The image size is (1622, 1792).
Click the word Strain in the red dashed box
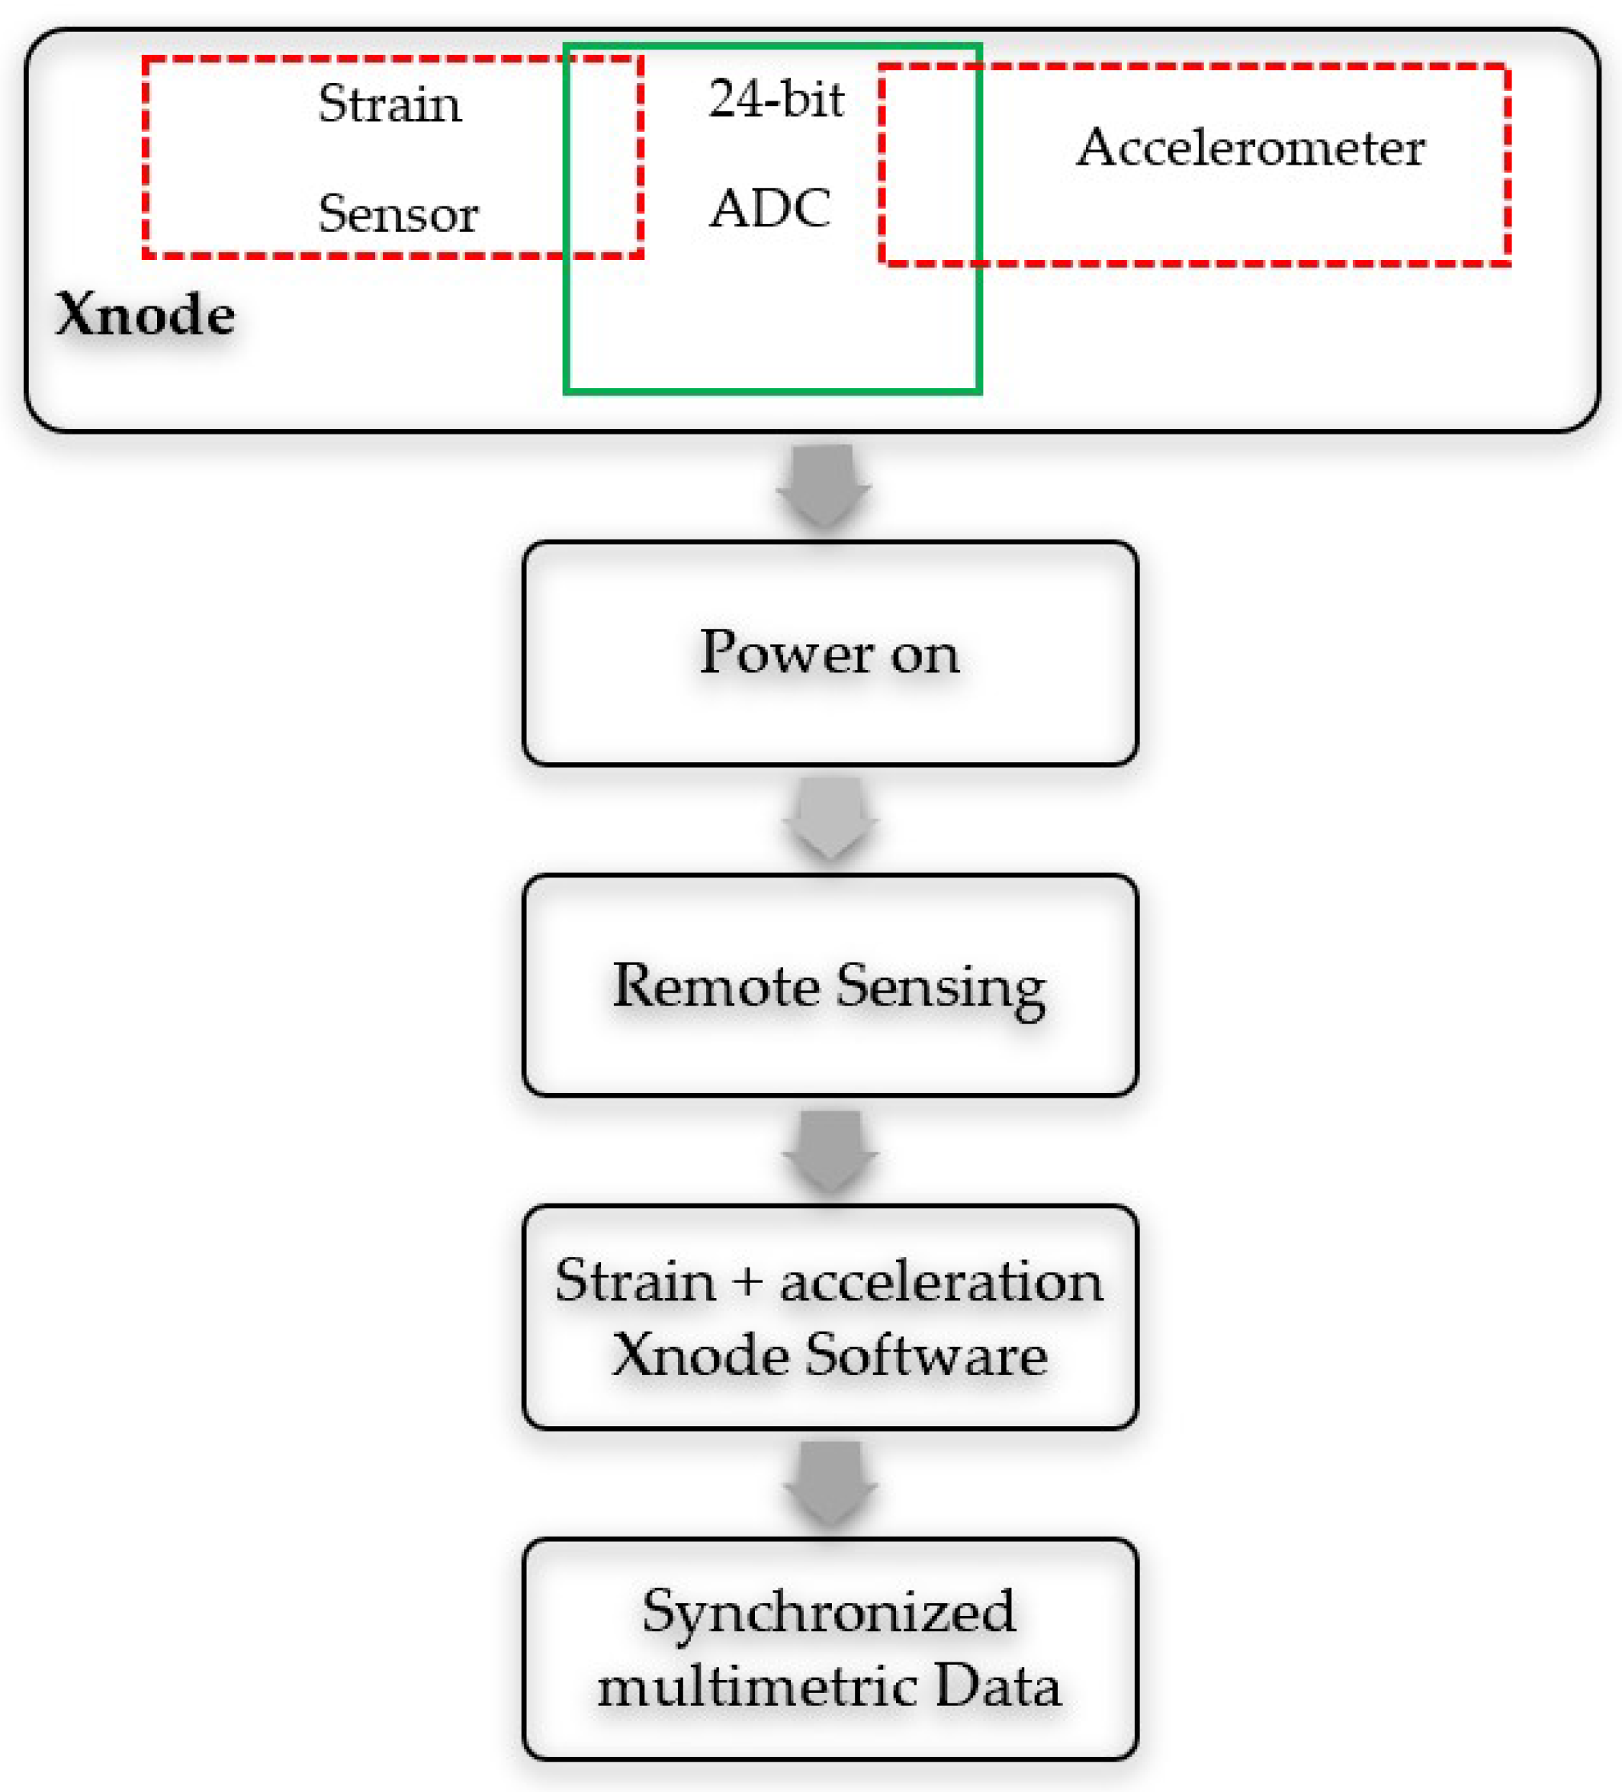click(390, 104)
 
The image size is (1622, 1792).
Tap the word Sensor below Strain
click(397, 214)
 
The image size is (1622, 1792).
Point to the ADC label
click(770, 209)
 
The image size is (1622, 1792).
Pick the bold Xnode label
click(145, 315)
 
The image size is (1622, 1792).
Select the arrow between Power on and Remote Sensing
click(830, 819)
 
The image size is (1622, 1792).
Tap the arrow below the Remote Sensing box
click(830, 1151)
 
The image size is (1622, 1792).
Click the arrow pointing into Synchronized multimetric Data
click(830, 1483)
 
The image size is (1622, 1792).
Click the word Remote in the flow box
click(716, 986)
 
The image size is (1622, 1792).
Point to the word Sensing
click(941, 989)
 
